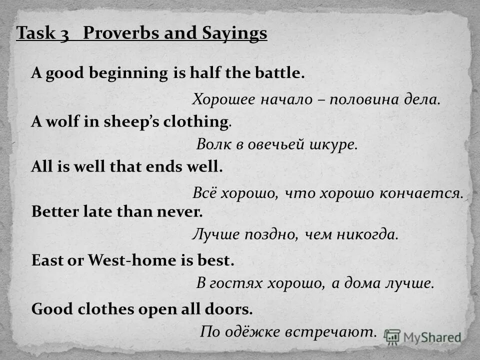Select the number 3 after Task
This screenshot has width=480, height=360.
[65, 34]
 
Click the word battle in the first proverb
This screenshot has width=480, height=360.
[280, 73]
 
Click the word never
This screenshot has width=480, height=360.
[180, 211]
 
